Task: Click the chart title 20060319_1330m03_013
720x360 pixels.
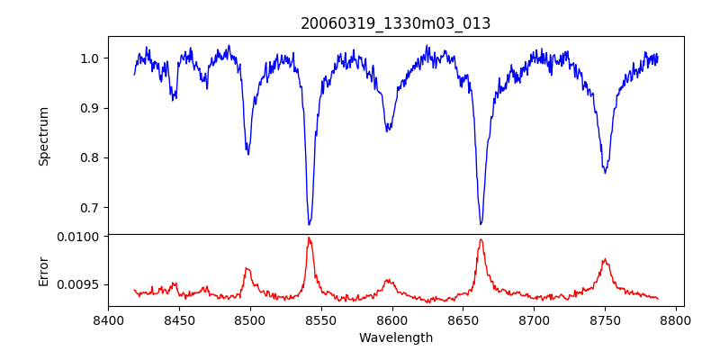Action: (396, 23)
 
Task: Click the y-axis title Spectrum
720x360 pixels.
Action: (43, 136)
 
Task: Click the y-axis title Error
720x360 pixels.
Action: (43, 271)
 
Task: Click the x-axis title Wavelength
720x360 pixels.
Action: (396, 338)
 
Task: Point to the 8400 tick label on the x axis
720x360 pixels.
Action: (108, 320)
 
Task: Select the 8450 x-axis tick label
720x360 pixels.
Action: (179, 320)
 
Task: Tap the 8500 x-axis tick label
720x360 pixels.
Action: (249, 320)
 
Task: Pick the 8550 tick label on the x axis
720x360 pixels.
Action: (320, 320)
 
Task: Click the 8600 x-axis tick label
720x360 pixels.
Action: (391, 320)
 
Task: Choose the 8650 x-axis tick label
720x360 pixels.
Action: (463, 320)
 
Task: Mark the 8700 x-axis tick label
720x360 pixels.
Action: (534, 320)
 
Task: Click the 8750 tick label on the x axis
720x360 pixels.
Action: (605, 320)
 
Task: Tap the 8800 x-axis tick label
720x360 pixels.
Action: (676, 320)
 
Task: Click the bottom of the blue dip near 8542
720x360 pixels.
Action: (309, 224)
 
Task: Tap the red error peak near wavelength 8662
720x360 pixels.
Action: (481, 239)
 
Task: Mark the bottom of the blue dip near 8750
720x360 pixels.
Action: (605, 173)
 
